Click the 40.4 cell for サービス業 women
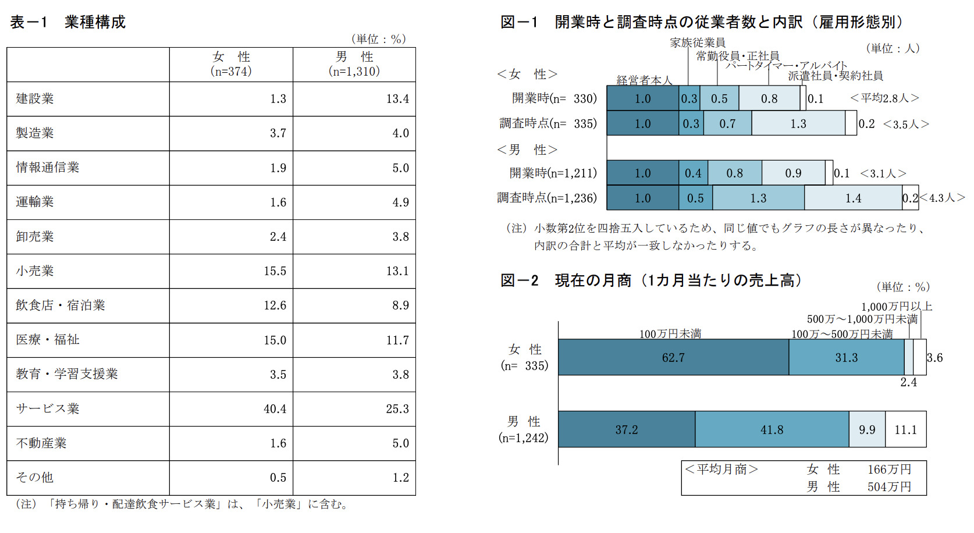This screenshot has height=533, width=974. pos(275,409)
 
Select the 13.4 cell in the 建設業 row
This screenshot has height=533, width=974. pos(397,99)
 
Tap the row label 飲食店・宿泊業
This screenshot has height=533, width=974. pos(61,305)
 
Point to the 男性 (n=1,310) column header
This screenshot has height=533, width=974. pos(354,64)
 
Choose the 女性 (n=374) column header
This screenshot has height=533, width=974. pos(231,64)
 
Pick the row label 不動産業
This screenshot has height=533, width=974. pos(41,443)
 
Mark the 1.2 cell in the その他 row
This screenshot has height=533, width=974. pos(400,478)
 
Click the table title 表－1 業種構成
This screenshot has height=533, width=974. pos(67,22)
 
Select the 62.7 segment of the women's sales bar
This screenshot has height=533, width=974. pos(673,358)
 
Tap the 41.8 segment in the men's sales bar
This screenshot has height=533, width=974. pos(772,430)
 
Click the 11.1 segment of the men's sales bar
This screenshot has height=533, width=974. pos(905,430)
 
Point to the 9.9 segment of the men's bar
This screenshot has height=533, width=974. pos(867,430)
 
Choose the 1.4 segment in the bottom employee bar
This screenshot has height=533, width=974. pos(853,198)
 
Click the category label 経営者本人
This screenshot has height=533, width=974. pos(644,80)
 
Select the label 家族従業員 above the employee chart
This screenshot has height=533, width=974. pos(698,42)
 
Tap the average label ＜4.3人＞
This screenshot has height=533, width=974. pos(942,198)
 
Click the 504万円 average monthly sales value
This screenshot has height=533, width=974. pos(889,487)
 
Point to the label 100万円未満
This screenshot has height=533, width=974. pos(670,333)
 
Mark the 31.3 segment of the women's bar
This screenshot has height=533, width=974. pos(846,358)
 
